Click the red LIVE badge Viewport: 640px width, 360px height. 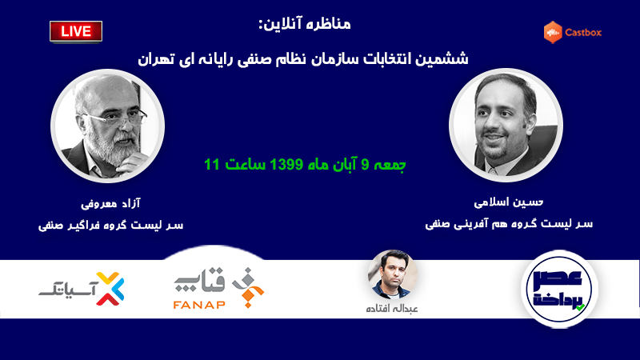(x=76, y=31)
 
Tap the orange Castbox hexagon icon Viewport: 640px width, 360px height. (x=553, y=32)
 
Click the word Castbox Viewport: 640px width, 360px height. (x=583, y=33)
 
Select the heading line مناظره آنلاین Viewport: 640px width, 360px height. (x=305, y=24)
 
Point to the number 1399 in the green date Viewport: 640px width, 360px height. (x=286, y=165)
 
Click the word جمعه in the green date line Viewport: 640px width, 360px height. (x=390, y=165)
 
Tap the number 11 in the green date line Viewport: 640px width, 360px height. (x=212, y=165)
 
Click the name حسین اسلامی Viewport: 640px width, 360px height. (x=509, y=202)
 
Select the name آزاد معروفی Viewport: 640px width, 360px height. (x=110, y=203)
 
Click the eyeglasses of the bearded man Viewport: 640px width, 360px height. (x=118, y=118)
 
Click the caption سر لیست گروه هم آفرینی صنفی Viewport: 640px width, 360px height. (x=509, y=224)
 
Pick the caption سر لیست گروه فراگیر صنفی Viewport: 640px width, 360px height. (x=110, y=226)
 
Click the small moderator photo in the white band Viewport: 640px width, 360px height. (x=393, y=274)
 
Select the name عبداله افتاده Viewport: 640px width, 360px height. (x=392, y=309)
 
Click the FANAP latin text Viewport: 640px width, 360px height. (x=199, y=305)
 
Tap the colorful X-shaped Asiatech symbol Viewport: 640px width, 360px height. (x=110, y=289)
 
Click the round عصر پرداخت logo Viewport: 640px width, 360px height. (x=559, y=289)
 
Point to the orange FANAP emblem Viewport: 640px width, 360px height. (x=248, y=287)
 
